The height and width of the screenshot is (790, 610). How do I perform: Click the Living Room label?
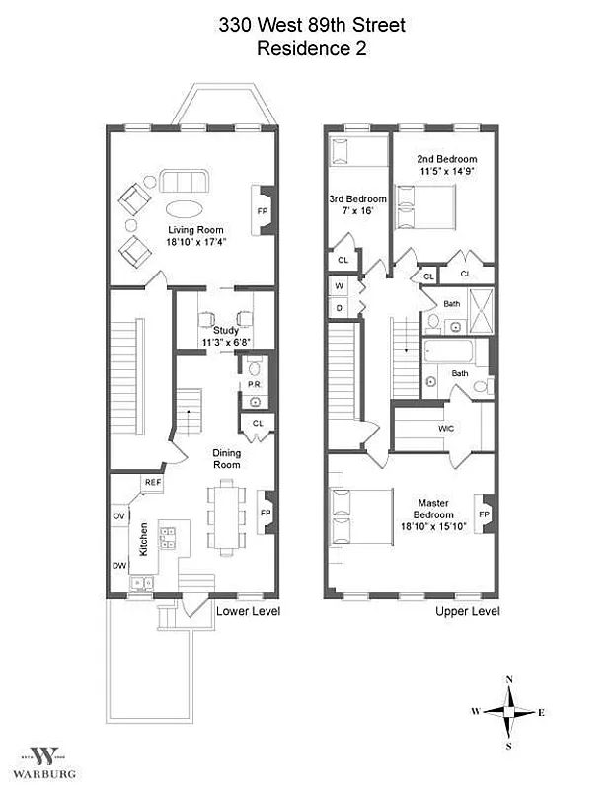(191, 231)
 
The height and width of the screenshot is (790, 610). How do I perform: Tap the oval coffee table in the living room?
(185, 208)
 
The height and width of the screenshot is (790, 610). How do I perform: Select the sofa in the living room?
(185, 182)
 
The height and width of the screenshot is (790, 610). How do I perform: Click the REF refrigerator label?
(153, 482)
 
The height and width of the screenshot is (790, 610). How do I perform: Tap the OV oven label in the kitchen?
(118, 516)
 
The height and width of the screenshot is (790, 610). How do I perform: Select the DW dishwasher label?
(118, 566)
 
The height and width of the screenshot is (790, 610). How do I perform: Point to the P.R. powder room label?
(254, 384)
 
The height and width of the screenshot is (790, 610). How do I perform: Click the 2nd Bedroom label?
(446, 159)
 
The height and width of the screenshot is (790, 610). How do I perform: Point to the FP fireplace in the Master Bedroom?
(485, 514)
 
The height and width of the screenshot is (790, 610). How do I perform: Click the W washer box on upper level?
(339, 287)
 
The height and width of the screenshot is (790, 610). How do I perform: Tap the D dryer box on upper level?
(339, 307)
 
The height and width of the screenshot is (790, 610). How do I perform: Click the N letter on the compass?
(509, 679)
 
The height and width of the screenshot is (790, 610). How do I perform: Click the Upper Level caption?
(467, 611)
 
